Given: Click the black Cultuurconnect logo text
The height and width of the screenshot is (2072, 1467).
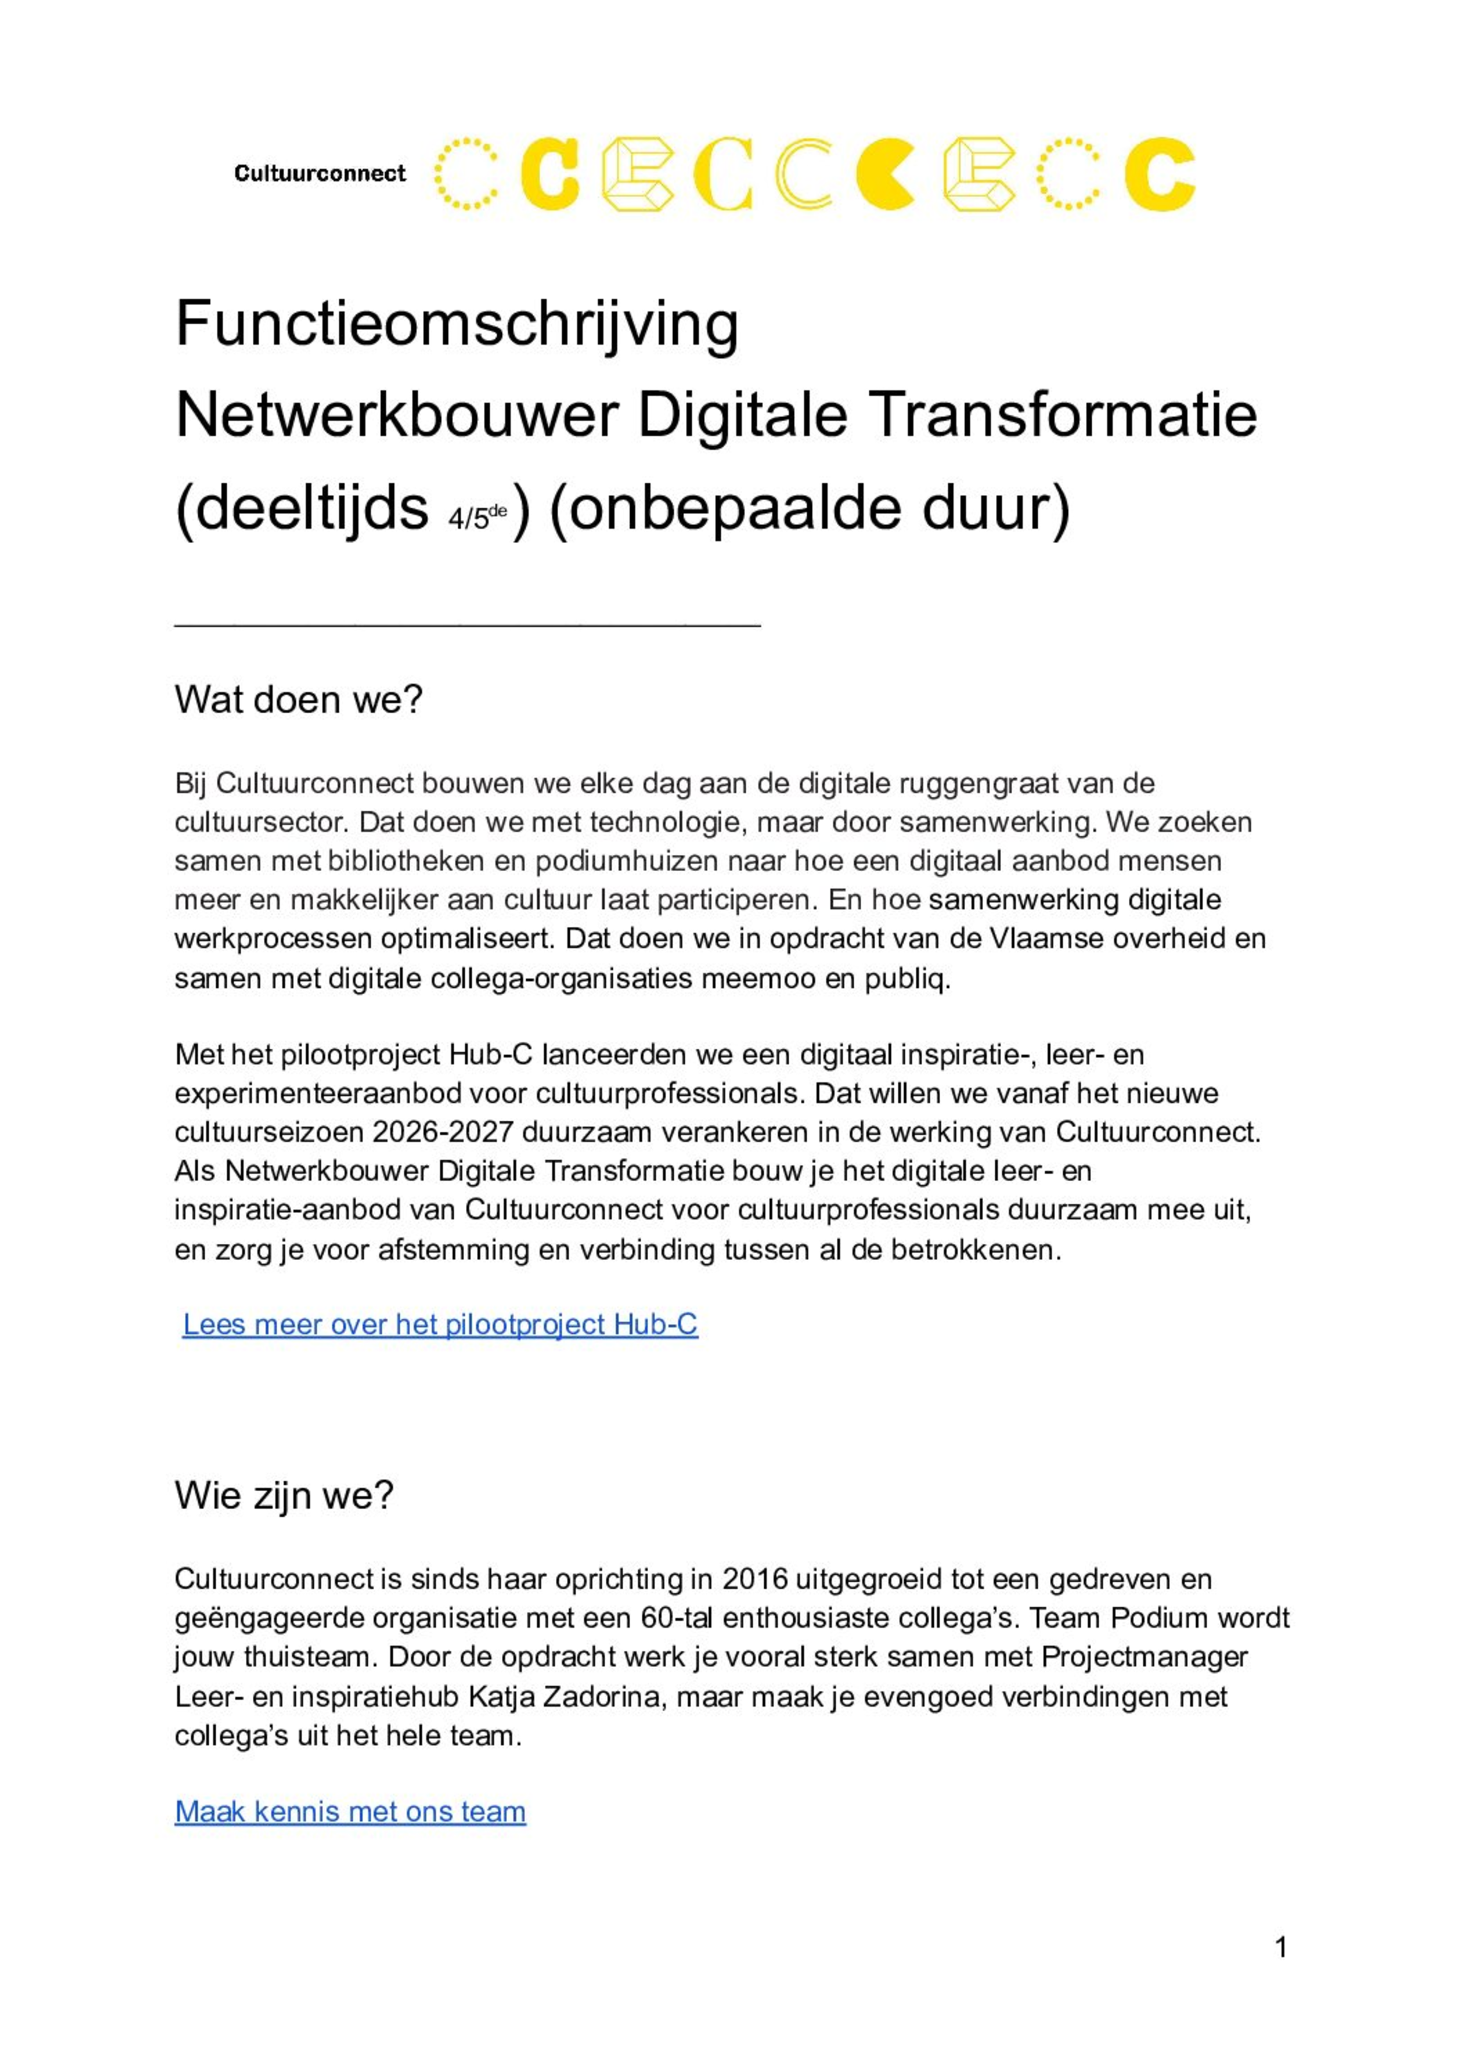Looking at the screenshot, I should coord(320,173).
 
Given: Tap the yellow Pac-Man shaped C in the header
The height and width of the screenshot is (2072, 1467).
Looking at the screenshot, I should coord(885,173).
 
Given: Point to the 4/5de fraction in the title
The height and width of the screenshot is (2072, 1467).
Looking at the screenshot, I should coord(477,517).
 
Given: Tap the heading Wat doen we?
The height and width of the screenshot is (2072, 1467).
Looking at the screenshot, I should coord(298,700).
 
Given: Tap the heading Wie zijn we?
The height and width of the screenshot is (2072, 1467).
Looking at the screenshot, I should coord(284,1496).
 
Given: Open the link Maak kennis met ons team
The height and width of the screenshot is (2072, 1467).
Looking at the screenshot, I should coord(350,1811).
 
